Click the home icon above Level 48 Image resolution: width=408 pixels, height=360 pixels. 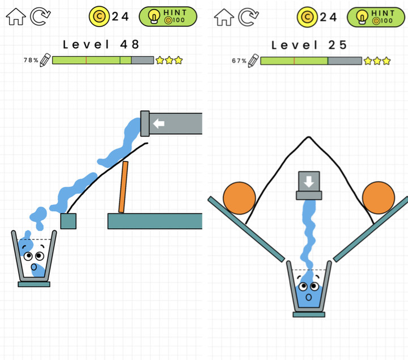(15, 16)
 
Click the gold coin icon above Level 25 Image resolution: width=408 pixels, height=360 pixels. (307, 16)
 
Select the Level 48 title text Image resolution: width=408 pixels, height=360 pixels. (101, 44)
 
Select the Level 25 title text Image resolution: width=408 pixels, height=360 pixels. (309, 45)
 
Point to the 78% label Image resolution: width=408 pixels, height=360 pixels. (31, 60)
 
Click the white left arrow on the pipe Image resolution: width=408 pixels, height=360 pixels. (159, 123)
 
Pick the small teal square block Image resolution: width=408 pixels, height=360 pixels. (69, 221)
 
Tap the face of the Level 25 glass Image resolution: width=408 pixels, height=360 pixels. (309, 291)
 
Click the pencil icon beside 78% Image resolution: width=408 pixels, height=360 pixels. (45, 59)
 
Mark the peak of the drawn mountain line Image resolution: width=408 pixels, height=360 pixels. (308, 137)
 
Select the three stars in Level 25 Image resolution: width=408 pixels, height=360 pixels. (377, 61)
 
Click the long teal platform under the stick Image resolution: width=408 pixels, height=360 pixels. (155, 221)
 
